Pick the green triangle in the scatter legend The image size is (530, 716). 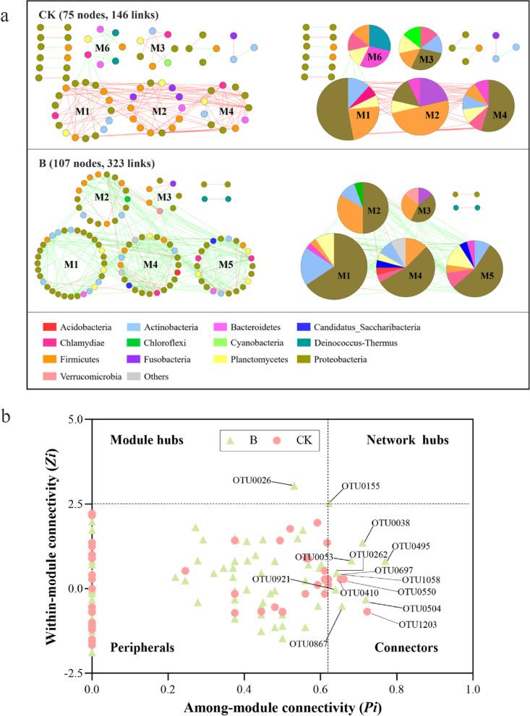[231, 439]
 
